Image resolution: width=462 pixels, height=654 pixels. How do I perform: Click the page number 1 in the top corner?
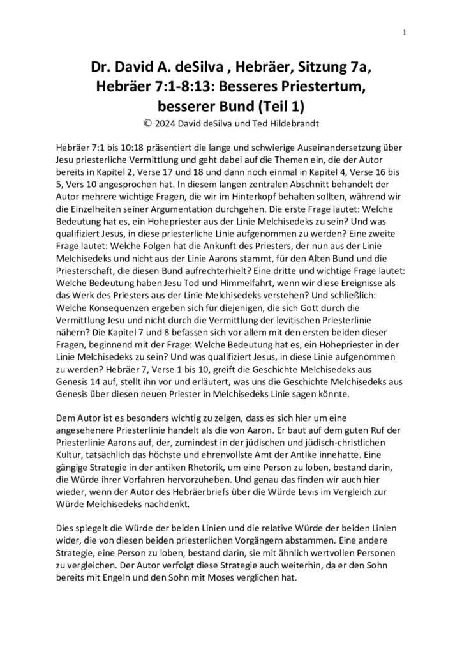pos(405,31)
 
